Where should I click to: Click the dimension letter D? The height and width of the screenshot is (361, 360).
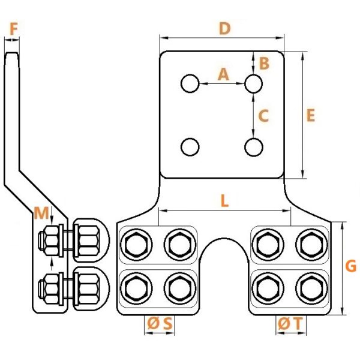tap(224, 29)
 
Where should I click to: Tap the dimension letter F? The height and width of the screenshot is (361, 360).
tap(14, 29)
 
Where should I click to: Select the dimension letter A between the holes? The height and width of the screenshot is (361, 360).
tap(223, 74)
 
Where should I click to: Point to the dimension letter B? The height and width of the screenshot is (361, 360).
tap(264, 63)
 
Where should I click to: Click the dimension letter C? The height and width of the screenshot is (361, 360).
tap(263, 116)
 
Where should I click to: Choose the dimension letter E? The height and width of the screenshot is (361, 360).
tap(311, 115)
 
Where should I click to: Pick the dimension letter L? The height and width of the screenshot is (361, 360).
tap(224, 201)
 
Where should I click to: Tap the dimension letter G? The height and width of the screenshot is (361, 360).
tap(351, 266)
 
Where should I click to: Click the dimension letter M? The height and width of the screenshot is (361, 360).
tap(41, 213)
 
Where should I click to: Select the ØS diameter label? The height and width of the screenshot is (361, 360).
tap(160, 323)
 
